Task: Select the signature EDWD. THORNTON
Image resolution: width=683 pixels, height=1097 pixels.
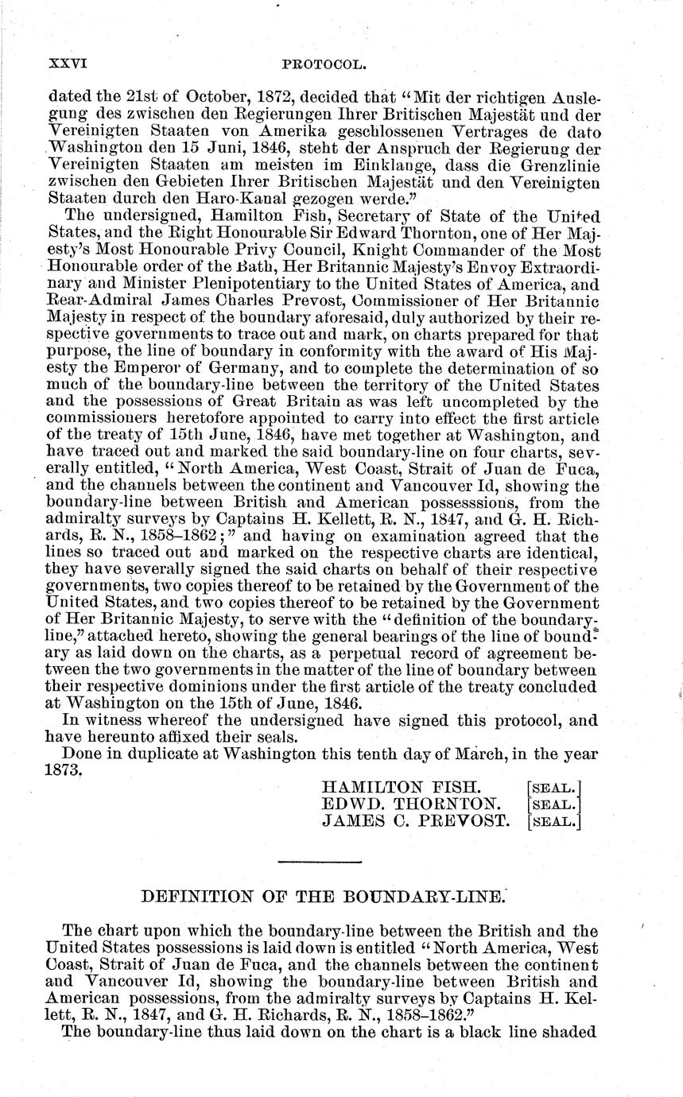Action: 412,804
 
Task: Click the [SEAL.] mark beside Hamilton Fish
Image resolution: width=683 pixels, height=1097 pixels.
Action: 554,788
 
